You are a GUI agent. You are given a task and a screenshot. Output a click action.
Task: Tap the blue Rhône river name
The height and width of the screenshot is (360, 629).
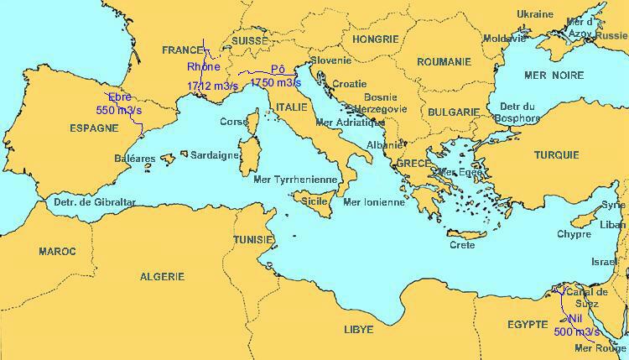click(x=203, y=66)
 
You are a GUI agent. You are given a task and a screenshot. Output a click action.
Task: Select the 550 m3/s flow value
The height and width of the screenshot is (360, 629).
click(x=118, y=110)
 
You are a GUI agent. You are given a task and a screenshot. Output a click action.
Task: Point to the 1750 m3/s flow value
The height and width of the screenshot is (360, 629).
click(x=275, y=83)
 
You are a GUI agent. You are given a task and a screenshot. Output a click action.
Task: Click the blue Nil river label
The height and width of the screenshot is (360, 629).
click(x=574, y=319)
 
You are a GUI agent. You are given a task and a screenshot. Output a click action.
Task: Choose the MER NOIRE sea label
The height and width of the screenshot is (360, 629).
click(x=554, y=76)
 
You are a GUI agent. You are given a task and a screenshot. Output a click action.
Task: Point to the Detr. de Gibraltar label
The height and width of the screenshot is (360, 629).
click(x=94, y=202)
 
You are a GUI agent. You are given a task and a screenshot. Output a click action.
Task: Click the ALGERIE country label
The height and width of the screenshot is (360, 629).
click(x=163, y=276)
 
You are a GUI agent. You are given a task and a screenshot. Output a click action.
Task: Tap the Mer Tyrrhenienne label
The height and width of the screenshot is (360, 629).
click(x=294, y=180)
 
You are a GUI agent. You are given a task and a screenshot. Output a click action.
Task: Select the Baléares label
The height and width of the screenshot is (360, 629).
click(x=134, y=158)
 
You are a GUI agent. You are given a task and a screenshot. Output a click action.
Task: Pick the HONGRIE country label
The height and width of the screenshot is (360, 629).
click(x=375, y=39)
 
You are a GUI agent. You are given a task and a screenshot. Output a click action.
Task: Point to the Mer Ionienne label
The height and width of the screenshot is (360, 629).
click(x=374, y=202)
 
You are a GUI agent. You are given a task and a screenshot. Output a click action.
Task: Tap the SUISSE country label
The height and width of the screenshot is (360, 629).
click(x=250, y=39)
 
